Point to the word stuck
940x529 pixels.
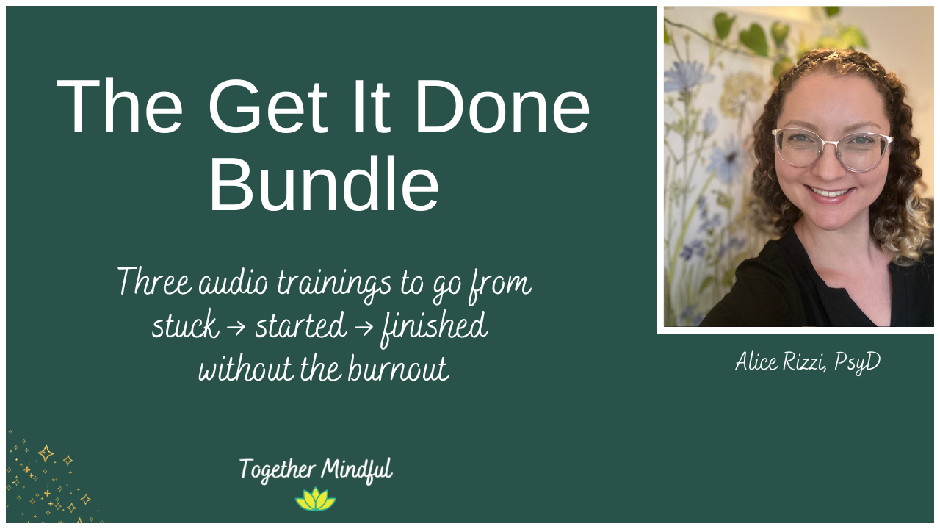tap(185, 325)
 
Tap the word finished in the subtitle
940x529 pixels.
tap(433, 325)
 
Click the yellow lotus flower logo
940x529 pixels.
tap(315, 500)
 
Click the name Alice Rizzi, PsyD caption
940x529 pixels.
tap(807, 361)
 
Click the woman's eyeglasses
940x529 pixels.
tap(831, 148)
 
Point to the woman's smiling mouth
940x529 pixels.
tap(831, 193)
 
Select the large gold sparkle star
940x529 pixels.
tap(46, 453)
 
